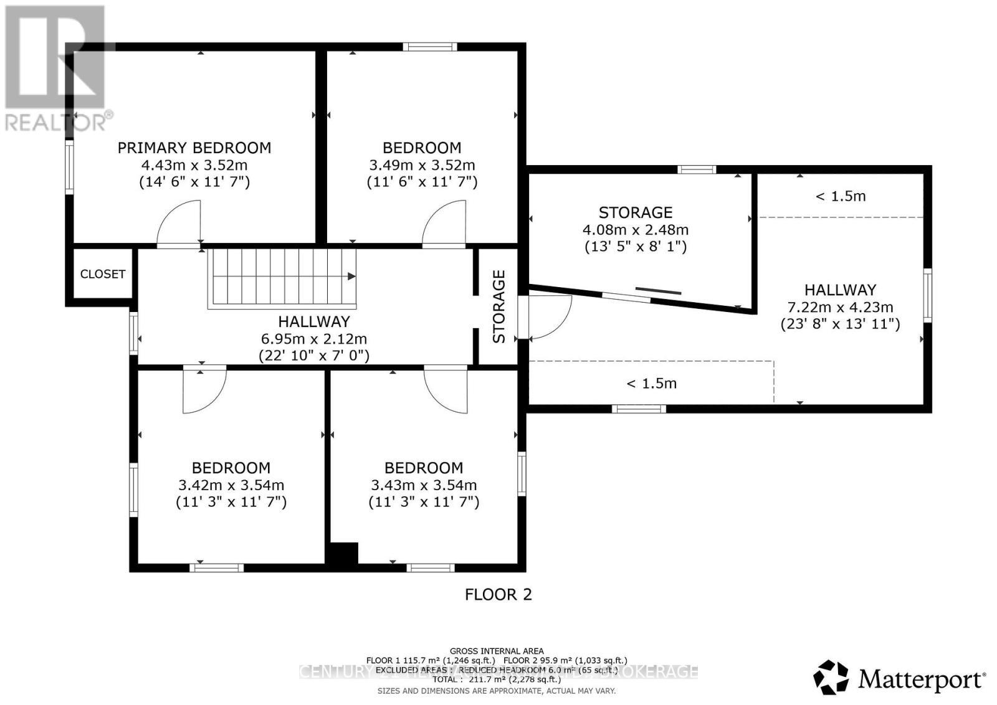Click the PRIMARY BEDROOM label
tap(194, 148)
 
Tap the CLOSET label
tap(103, 274)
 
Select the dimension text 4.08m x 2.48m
tap(635, 230)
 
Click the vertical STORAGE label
tap(499, 306)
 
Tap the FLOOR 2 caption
tap(499, 594)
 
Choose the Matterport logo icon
tap(831, 677)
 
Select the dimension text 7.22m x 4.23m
tap(840, 307)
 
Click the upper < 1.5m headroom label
tap(841, 196)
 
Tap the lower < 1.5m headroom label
tap(651, 383)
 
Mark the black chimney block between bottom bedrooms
tap(343, 554)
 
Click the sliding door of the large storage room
tap(658, 291)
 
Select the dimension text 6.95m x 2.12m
tap(313, 339)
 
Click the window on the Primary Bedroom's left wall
tap(69, 166)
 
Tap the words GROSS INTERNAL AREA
tap(497, 651)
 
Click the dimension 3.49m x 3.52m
tap(422, 165)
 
